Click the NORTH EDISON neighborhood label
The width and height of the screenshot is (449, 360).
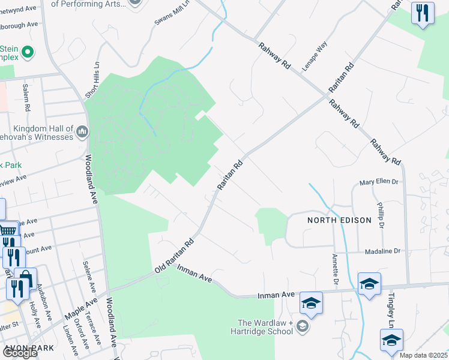tap(339, 220)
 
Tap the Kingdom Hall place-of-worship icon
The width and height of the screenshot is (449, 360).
tap(82, 131)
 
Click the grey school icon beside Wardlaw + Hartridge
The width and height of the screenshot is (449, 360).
tap(303, 327)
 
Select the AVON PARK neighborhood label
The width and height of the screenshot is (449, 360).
tap(29, 348)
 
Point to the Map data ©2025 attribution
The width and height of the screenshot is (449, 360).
tap(423, 355)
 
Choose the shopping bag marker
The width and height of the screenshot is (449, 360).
tap(26, 278)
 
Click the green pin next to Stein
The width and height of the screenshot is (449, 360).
tap(27, 53)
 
